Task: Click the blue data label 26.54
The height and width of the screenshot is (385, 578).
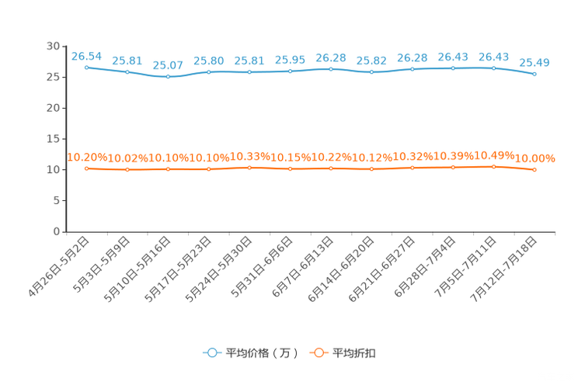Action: pyautogui.click(x=87, y=57)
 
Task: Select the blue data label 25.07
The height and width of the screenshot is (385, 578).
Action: pyautogui.click(x=168, y=65)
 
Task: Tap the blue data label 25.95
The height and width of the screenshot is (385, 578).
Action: pyautogui.click(x=290, y=60)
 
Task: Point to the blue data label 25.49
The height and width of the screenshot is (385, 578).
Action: pyautogui.click(x=534, y=63)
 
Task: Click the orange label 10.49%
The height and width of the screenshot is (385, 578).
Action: pyautogui.click(x=494, y=155)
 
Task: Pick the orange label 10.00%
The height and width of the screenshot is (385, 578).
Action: pyautogui.click(x=534, y=158)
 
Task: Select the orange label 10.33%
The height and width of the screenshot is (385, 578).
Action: pyautogui.click(x=249, y=157)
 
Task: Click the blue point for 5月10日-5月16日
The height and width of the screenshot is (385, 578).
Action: pyautogui.click(x=168, y=77)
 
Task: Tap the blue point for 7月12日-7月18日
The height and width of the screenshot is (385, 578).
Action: pyautogui.click(x=534, y=74)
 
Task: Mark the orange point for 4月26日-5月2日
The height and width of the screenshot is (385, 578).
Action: pyautogui.click(x=87, y=168)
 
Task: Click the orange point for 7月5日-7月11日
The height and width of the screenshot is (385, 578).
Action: pyautogui.click(x=494, y=167)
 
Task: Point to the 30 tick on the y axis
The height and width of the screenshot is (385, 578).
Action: pyautogui.click(x=53, y=46)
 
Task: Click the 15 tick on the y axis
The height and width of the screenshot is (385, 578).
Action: pyautogui.click(x=53, y=139)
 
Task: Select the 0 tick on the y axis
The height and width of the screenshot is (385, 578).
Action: pyautogui.click(x=57, y=231)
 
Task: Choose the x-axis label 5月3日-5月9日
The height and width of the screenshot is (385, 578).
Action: pyautogui.click(x=102, y=265)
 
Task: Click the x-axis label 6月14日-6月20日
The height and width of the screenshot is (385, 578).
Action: pyautogui.click(x=341, y=269)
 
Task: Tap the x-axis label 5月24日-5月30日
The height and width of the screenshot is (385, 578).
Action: pyautogui.click(x=218, y=269)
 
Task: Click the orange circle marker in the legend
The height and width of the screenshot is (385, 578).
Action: pyautogui.click(x=319, y=352)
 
